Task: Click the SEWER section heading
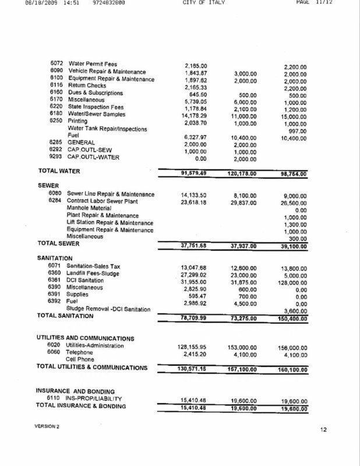pos(48,186)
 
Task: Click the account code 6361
pos(56,280)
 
